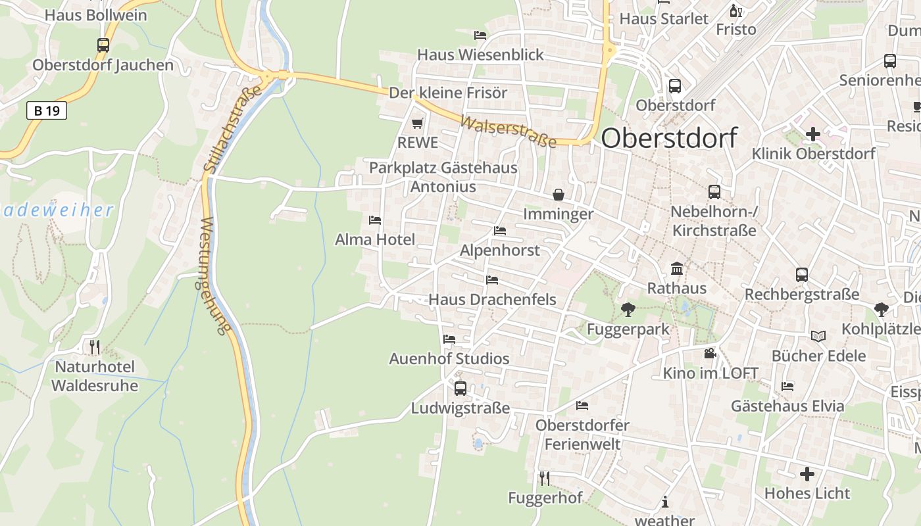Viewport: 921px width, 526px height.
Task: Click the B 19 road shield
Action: point(47,110)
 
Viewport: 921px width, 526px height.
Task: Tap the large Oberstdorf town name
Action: point(668,138)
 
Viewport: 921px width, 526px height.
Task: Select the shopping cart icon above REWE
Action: point(417,123)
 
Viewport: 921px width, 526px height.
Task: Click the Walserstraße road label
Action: point(507,131)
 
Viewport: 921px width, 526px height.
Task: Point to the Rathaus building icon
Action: point(676,268)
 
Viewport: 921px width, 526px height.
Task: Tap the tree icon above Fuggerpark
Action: point(628,309)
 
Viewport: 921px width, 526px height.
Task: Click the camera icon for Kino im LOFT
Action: point(710,354)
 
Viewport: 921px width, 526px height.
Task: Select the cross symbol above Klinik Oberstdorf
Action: point(813,134)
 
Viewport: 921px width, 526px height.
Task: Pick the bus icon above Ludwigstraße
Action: point(460,388)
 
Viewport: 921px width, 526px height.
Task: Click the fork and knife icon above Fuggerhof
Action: point(545,478)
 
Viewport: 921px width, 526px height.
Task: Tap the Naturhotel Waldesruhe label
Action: point(95,376)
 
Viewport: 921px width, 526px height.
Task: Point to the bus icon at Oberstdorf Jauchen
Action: point(103,45)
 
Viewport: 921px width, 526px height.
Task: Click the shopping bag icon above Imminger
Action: point(558,195)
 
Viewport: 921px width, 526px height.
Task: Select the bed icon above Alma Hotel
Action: point(375,220)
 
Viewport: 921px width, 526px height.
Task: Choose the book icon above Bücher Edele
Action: point(818,336)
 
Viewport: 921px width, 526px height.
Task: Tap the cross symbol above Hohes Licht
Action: point(807,473)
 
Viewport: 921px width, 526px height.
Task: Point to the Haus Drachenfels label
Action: point(492,300)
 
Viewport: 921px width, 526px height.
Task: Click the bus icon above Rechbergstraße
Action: point(801,275)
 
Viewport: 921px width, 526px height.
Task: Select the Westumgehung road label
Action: point(213,276)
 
